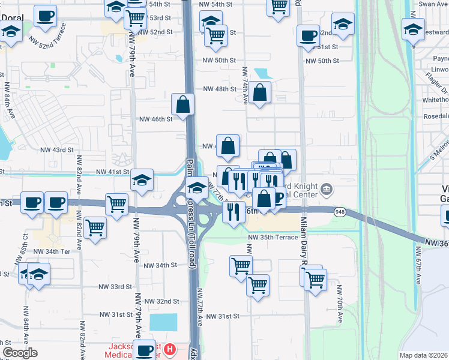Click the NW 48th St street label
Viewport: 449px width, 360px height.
pyautogui.click(x=220, y=89)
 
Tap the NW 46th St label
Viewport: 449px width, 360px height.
pyautogui.click(x=155, y=119)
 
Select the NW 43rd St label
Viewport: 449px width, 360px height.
pyautogui.click(x=56, y=149)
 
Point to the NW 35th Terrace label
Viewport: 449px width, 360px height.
pyautogui.click(x=273, y=238)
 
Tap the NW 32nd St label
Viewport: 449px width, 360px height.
pyautogui.click(x=159, y=301)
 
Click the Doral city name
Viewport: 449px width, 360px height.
pyautogui.click(x=12, y=17)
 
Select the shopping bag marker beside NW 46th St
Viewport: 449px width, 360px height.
pyautogui.click(x=183, y=104)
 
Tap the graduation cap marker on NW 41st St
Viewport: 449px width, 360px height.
pyautogui.click(x=142, y=179)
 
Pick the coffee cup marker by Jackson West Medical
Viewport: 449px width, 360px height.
pyautogui.click(x=145, y=350)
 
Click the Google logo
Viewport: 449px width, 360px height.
pyautogui.click(x=20, y=353)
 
